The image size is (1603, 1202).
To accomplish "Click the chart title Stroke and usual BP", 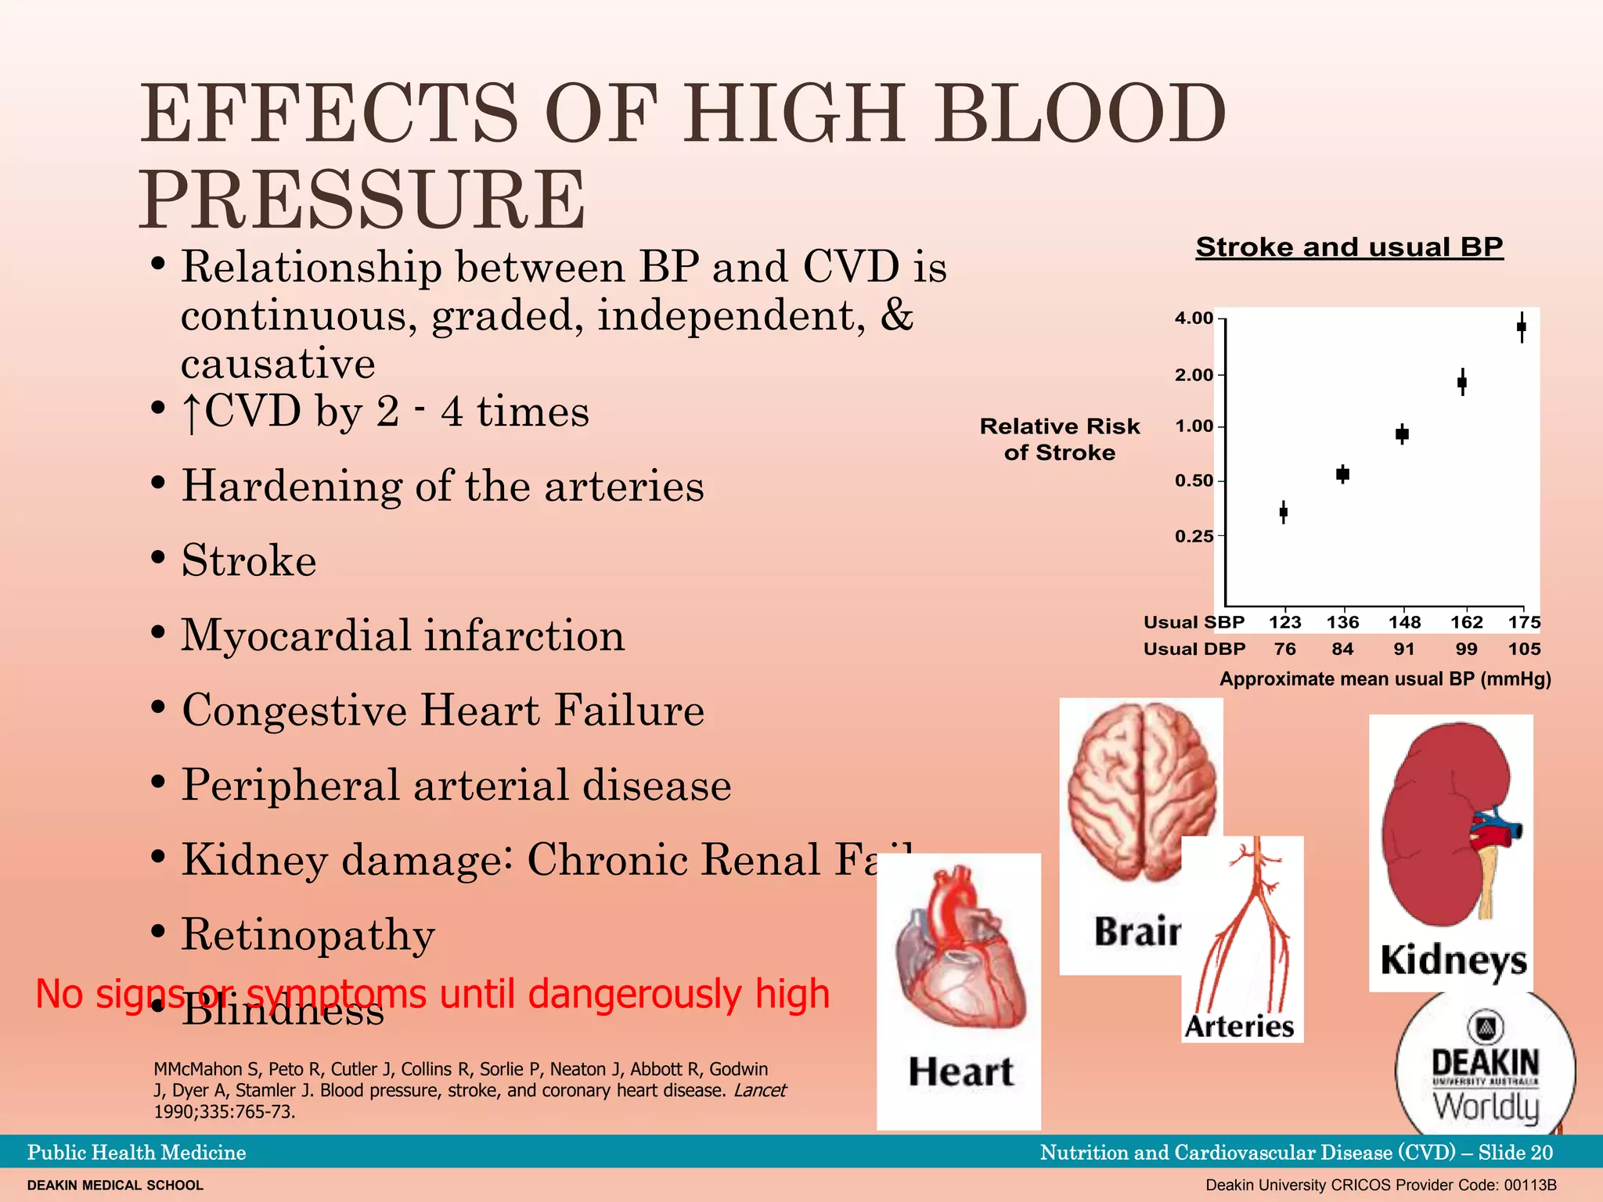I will (1349, 247).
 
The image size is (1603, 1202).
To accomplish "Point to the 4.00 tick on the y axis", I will (1194, 318).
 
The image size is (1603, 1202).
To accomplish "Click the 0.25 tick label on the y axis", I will (1194, 537).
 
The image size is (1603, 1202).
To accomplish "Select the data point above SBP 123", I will (1284, 513).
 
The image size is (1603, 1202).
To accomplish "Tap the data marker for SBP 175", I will (1522, 327).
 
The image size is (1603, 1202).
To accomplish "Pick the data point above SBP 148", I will (1403, 434).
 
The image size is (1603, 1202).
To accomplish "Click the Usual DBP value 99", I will (1466, 649).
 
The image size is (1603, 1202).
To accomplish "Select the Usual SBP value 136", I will (1342, 622).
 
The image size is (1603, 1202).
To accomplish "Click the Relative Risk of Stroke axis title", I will (1060, 439).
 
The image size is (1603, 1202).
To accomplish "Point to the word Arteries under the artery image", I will (1240, 1026).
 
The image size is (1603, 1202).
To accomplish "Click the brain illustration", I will (1141, 790).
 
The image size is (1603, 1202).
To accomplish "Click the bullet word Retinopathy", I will (308, 935).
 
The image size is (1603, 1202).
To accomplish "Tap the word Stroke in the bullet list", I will (249, 561).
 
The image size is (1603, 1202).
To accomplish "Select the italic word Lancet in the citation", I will (759, 1090).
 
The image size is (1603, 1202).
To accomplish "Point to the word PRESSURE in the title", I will (362, 200).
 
